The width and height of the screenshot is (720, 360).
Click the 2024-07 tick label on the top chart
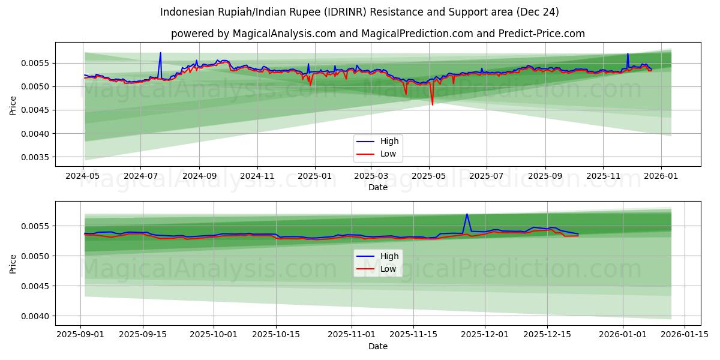coord(140,176)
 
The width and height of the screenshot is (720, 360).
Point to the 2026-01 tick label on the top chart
coord(661,176)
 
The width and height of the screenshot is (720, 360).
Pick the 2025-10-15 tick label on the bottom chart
coord(276,335)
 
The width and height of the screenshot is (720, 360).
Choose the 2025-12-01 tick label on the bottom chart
coord(484,335)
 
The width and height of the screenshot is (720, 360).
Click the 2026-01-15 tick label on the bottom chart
coord(684,335)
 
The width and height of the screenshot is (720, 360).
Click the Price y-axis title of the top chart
coord(13,104)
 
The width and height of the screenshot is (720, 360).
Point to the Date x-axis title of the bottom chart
coord(378,346)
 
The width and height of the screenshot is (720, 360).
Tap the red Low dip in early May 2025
coord(432,104)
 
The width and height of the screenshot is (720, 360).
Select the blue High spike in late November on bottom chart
coord(467,214)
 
